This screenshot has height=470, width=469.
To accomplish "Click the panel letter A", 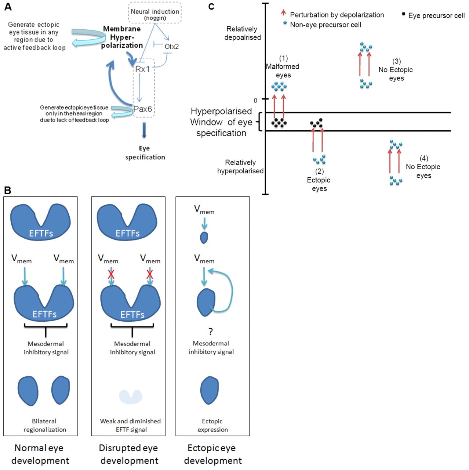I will click(8, 7).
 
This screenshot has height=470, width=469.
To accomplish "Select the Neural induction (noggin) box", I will click(155, 14).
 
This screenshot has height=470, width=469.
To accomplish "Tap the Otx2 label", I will click(171, 46).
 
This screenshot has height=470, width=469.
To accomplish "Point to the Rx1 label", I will click(142, 69).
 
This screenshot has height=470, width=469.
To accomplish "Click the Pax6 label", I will click(142, 109).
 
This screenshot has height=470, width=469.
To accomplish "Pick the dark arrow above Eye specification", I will click(144, 130).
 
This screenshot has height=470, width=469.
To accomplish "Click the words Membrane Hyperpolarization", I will click(122, 37).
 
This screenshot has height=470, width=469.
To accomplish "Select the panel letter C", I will click(211, 7).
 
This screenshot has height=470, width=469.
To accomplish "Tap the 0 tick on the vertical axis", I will click(256, 100).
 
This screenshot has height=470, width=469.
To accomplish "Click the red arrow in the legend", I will click(283, 13).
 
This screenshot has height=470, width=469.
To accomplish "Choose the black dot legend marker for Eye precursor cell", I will click(404, 14).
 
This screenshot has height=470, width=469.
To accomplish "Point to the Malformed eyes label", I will click(283, 70).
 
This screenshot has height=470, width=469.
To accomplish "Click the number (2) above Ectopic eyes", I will click(319, 171).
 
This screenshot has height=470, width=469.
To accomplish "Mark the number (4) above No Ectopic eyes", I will click(424, 158).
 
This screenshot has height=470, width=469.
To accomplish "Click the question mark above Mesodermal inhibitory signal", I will click(210, 331).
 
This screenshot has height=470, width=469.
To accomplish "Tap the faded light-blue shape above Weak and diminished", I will click(131, 397).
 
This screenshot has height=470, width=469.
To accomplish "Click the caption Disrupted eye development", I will click(128, 454).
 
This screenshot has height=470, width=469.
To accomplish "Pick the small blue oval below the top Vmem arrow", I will click(204, 238).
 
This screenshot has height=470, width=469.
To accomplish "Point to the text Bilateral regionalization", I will click(45, 425).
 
